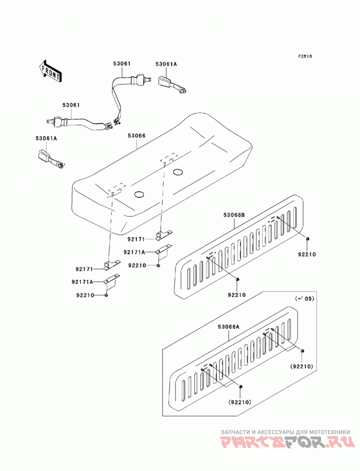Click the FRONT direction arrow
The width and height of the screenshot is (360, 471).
50,71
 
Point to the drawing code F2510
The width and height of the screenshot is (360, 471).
305,56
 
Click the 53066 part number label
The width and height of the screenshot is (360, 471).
136,136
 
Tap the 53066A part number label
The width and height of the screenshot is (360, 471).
229,327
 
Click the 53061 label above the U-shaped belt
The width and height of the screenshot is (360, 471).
122,64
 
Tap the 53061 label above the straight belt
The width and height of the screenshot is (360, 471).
71,105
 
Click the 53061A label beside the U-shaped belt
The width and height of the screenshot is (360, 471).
166,64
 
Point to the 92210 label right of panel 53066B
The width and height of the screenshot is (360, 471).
307,255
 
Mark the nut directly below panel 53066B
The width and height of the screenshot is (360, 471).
238,280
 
